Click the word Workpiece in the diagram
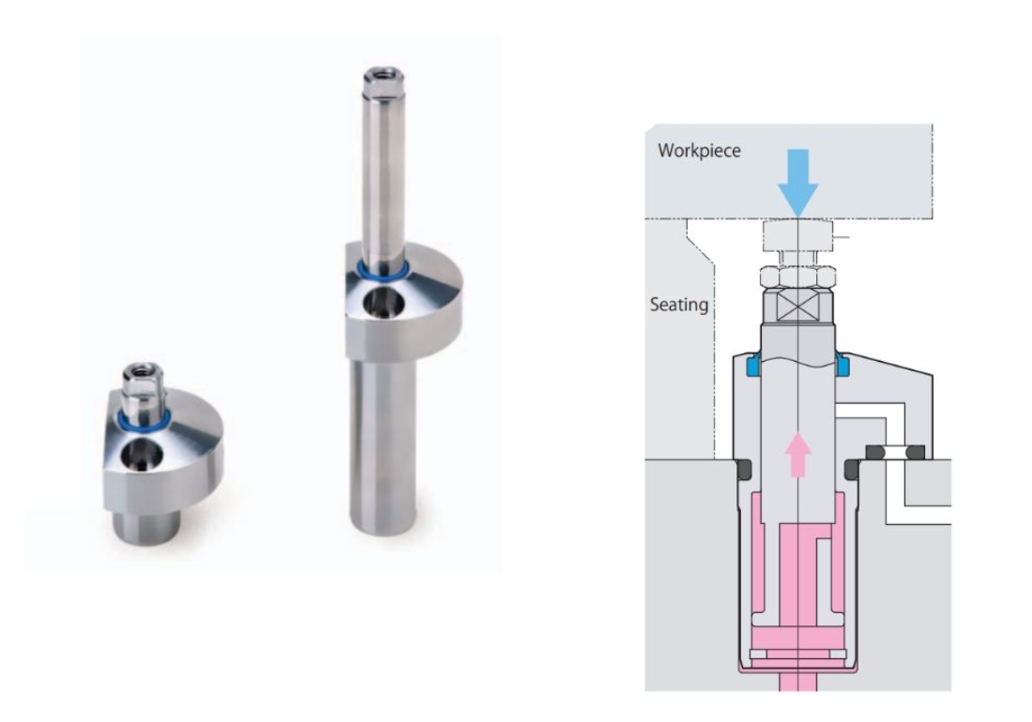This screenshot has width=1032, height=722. coord(699,151)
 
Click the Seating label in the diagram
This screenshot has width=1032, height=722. coord(679,305)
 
